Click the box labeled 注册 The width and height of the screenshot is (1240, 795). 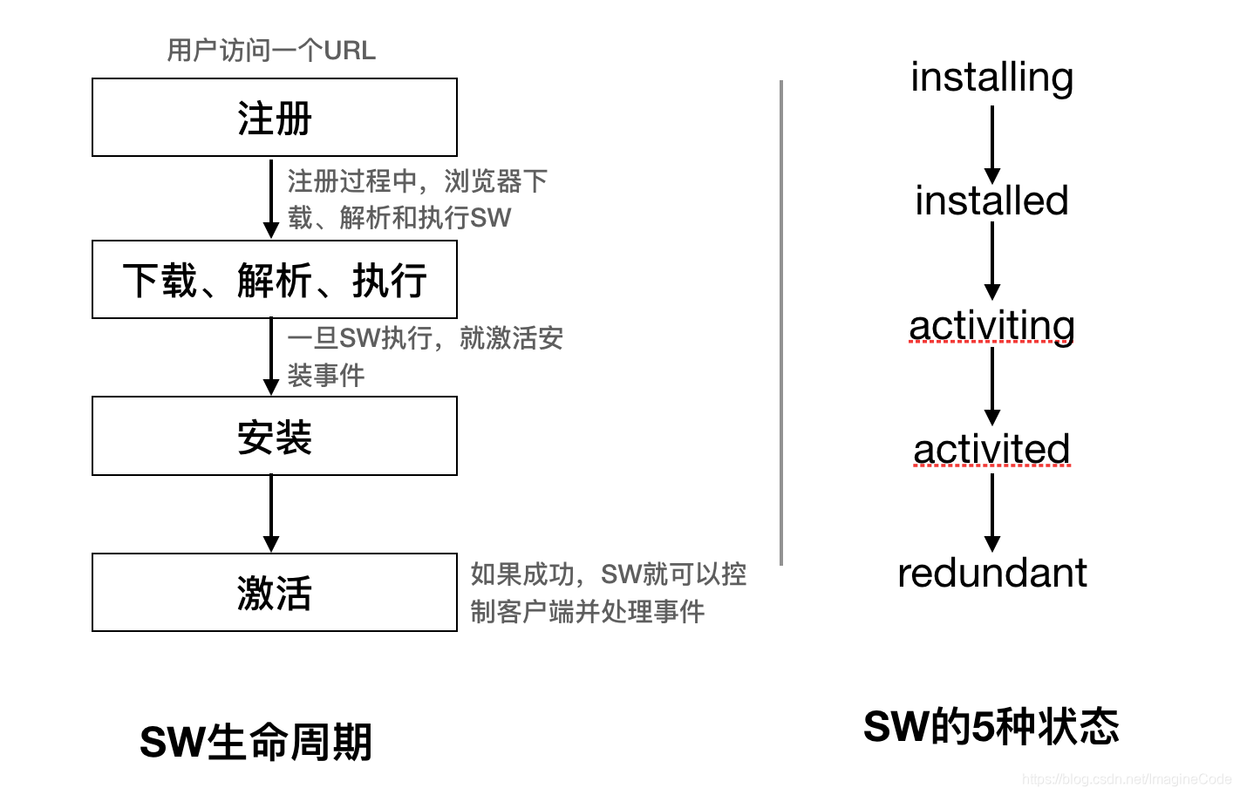(274, 118)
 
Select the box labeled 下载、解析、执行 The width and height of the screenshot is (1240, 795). (274, 280)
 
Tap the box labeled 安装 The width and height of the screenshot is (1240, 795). (274, 436)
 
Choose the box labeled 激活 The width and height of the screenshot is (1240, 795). (274, 592)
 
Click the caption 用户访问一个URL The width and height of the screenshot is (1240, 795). (271, 51)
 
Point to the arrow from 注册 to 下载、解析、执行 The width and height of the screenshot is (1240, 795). (271, 198)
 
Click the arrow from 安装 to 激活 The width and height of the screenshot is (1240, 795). (271, 513)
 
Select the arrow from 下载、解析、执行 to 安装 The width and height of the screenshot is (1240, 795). (271, 357)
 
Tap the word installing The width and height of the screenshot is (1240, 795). (991, 77)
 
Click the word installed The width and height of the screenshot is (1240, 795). (991, 200)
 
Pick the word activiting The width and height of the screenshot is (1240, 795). (991, 325)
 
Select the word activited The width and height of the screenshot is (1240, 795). (991, 450)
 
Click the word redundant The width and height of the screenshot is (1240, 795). (991, 574)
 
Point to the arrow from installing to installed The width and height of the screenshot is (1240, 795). (991, 144)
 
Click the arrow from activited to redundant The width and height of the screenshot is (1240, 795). (991, 512)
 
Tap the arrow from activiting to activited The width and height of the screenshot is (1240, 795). (991, 385)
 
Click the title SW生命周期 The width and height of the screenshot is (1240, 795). (255, 742)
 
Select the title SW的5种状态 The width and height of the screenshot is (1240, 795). (991, 726)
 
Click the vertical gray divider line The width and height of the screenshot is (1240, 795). (781, 323)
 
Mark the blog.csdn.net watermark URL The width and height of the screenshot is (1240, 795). (1126, 779)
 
